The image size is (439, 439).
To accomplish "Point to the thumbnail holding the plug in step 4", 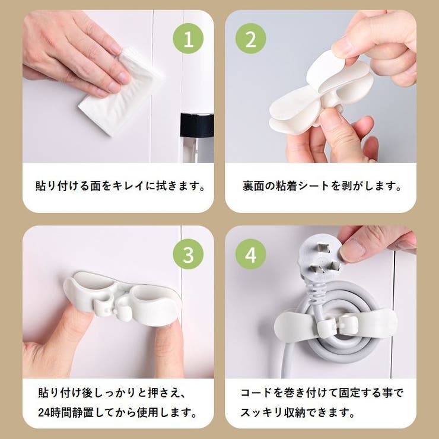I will [351, 250].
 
